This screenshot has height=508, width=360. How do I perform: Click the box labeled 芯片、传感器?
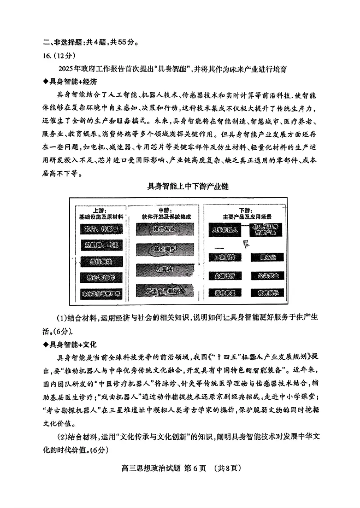[101, 229]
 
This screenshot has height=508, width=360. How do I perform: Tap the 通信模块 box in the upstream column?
[101, 262]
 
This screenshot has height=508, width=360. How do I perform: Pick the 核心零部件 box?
[101, 278]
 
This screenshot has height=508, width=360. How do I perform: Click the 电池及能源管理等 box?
[101, 294]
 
